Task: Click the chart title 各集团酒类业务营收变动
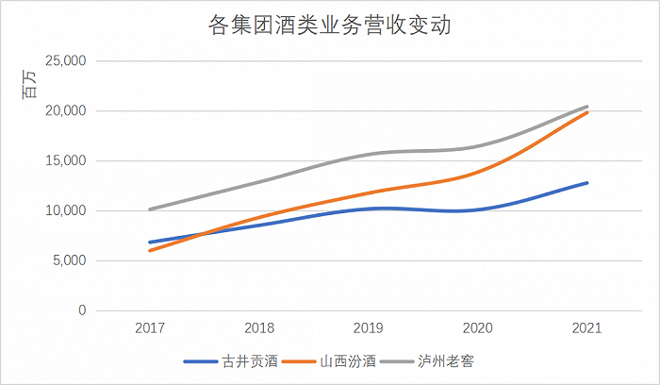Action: (x=330, y=25)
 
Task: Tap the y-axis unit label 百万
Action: (x=29, y=84)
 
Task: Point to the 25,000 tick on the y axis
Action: (x=66, y=60)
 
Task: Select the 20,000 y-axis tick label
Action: (x=66, y=110)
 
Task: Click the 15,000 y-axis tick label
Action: (x=66, y=160)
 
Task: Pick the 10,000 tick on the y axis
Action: (x=66, y=210)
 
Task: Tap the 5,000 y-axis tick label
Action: (x=70, y=260)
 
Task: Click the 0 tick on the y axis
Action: (x=82, y=310)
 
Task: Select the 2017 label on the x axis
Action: (x=150, y=328)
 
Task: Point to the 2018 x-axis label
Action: (x=259, y=328)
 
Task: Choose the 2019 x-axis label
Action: (x=369, y=328)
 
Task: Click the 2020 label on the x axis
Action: (x=478, y=328)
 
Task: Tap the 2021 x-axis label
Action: (x=586, y=328)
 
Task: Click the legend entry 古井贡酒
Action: (x=231, y=361)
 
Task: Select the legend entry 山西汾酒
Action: (x=329, y=361)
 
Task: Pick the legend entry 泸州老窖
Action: (x=427, y=361)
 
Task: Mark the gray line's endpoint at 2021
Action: (x=586, y=107)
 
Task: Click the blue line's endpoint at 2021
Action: (x=586, y=183)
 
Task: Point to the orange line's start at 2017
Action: (x=150, y=251)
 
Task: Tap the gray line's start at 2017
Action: (x=150, y=209)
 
